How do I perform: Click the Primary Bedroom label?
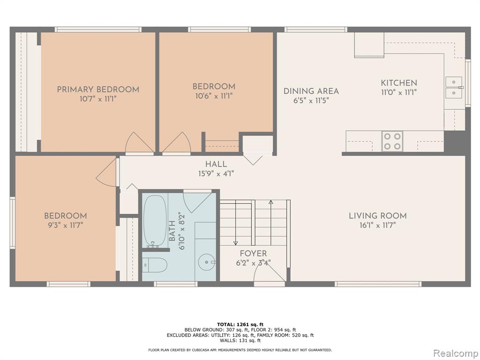pyautogui.click(x=98, y=90)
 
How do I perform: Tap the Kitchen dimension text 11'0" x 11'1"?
pyautogui.click(x=399, y=92)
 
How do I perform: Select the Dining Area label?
pyautogui.click(x=311, y=91)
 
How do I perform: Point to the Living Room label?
pyautogui.click(x=378, y=216)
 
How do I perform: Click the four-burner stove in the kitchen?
pyautogui.click(x=392, y=141)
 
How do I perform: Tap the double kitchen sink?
pyautogui.click(x=454, y=88)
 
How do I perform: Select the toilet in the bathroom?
pyautogui.click(x=155, y=264)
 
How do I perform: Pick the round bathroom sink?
pyautogui.click(x=207, y=262)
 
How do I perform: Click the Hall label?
pyautogui.click(x=216, y=164)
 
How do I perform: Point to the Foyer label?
pyautogui.click(x=253, y=254)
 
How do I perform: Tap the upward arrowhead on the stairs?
pyautogui.click(x=270, y=202)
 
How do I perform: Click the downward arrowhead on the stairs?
pyautogui.click(x=235, y=243)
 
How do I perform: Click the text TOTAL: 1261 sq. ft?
pyautogui.click(x=240, y=324)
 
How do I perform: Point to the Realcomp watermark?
pyautogui.click(x=455, y=353)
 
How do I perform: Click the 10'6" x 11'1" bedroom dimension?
pyautogui.click(x=214, y=96)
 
